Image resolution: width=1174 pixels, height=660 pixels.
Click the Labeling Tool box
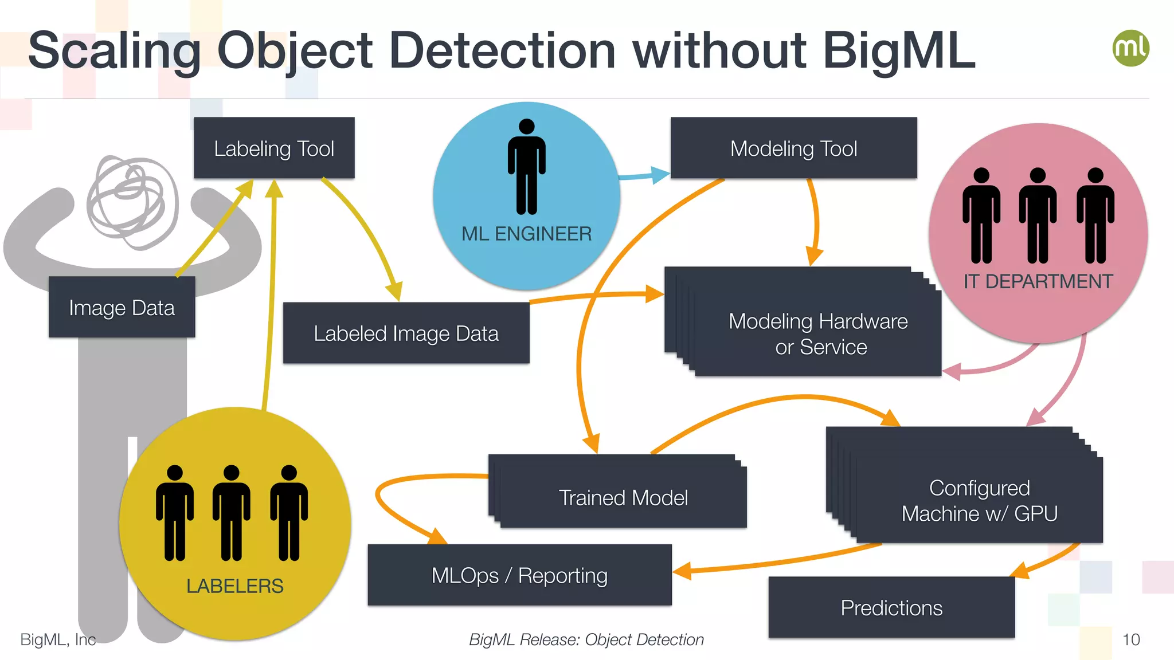tap(274, 148)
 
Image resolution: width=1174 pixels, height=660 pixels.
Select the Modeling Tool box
tap(793, 148)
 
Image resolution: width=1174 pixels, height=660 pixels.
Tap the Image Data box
tap(122, 308)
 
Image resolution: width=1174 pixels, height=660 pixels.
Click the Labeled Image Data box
tap(406, 333)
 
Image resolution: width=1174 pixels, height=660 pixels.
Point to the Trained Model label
tap(623, 498)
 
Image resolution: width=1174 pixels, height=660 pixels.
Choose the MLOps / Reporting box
tap(519, 575)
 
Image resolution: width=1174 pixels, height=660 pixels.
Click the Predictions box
tap(891, 608)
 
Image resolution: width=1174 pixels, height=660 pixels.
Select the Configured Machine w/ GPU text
tap(979, 501)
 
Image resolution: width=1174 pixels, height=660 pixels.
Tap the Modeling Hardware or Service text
tap(819, 334)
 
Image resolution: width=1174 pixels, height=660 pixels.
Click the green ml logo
tap(1130, 48)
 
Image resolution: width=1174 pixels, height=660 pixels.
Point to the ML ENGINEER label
tap(526, 234)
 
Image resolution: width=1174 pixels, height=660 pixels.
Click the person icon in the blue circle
tap(526, 167)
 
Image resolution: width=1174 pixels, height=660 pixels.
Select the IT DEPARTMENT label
tap(1038, 281)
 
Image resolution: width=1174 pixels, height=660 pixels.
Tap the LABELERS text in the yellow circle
tap(234, 586)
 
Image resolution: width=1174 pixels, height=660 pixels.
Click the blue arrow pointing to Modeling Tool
tap(645, 175)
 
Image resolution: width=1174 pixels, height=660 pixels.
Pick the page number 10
tap(1130, 639)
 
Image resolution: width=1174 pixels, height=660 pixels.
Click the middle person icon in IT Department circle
tap(1038, 215)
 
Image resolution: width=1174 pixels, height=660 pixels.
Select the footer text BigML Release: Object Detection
tap(586, 639)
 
